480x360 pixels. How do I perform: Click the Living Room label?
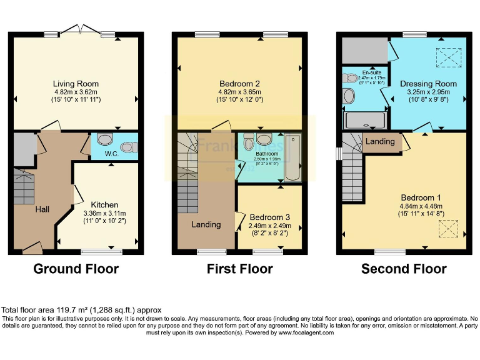[75, 84]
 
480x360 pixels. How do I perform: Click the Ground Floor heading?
[75, 269]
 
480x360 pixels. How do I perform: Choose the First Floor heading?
[239, 269]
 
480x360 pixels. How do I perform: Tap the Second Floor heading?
[404, 269]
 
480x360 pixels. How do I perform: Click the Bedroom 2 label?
[239, 84]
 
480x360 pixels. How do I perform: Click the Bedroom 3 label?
[270, 218]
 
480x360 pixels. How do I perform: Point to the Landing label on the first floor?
[206, 224]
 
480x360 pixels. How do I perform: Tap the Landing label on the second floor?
[380, 142]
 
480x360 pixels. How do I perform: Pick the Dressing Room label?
[428, 84]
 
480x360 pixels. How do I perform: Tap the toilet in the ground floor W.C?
[129, 147]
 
